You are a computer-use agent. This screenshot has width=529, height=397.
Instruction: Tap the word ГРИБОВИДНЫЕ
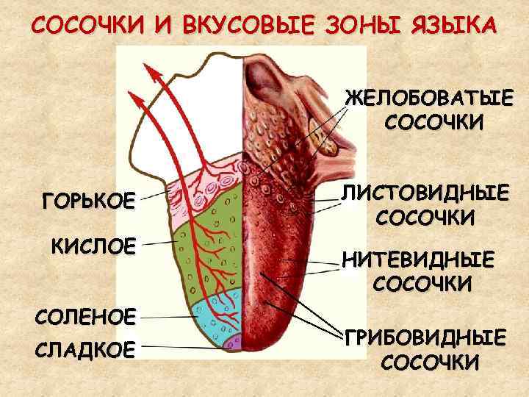point(427,339)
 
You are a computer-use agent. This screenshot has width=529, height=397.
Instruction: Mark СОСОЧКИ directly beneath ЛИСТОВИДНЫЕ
point(425,218)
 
